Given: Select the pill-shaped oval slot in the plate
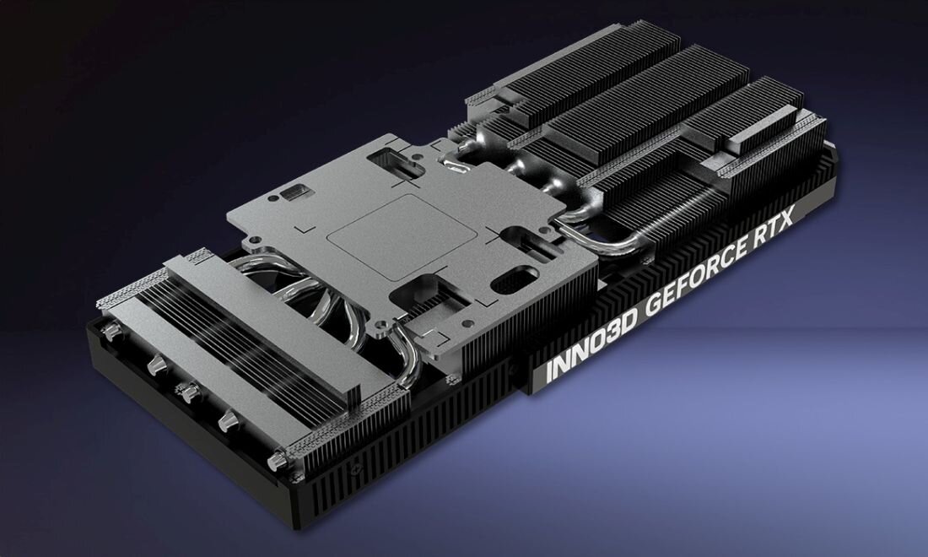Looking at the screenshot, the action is tap(514, 280).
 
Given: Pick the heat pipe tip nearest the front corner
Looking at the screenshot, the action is tap(277, 461).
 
